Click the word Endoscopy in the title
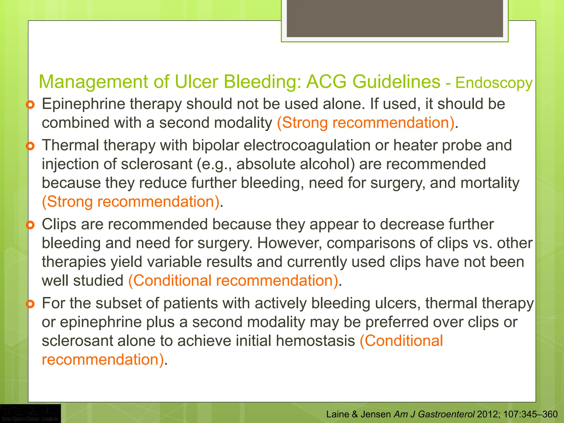click(494, 83)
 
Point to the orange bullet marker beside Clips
click(30, 225)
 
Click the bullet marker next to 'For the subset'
click(30, 304)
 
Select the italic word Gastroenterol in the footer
click(446, 414)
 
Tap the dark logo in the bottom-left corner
click(30, 413)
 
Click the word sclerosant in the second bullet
click(156, 164)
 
